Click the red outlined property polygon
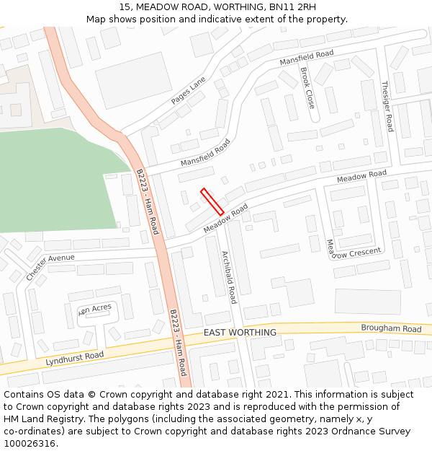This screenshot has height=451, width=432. [212, 201]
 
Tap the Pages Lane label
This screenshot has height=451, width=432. [188, 91]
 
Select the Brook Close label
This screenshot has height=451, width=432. [307, 88]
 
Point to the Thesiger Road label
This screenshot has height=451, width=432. [387, 105]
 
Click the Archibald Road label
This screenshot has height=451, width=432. [229, 277]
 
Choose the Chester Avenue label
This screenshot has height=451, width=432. [50, 267]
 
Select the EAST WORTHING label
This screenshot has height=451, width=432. [240, 333]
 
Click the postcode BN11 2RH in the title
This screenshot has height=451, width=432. [292, 7]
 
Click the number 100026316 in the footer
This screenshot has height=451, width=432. [31, 444]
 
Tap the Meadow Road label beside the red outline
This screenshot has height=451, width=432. [225, 219]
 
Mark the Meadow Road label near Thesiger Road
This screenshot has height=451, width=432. [361, 176]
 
